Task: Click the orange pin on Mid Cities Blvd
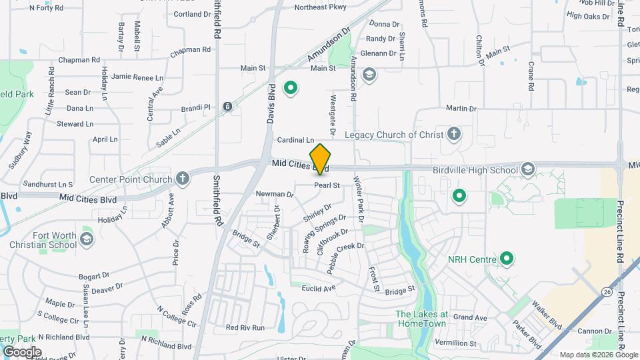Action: click(x=321, y=159)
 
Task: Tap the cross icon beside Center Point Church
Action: click(x=183, y=178)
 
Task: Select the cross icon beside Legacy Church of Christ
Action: click(x=454, y=135)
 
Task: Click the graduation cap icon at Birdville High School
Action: click(x=529, y=168)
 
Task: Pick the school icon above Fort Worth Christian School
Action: click(x=86, y=239)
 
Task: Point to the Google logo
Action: click(x=22, y=352)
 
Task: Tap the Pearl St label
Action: click(x=327, y=185)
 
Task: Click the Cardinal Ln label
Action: click(x=295, y=140)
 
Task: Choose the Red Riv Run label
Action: click(x=245, y=327)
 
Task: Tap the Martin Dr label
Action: click(x=461, y=108)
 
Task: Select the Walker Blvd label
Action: click(x=547, y=313)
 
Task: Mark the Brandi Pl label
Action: click(x=195, y=107)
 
